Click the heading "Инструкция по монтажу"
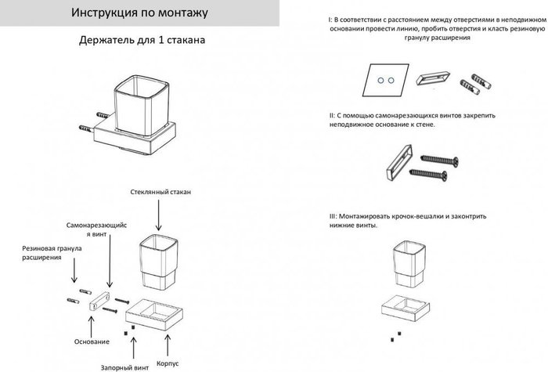(x=128, y=14)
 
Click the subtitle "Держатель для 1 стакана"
(x=143, y=42)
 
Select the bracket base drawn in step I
(x=431, y=80)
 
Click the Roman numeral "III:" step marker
(x=335, y=214)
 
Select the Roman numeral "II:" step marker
(x=334, y=115)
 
